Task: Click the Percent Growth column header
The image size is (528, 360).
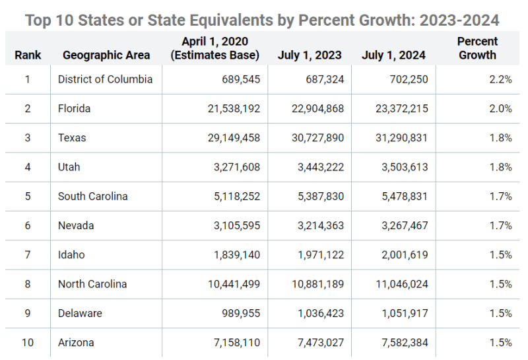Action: coord(477,48)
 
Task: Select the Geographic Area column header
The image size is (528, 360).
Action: coord(106,55)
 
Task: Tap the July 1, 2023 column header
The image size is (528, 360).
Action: coord(310,55)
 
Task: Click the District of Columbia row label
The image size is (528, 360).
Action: coord(105,79)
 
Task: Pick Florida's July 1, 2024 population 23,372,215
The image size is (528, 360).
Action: coord(395,108)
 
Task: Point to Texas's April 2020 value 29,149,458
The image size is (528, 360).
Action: coord(227,138)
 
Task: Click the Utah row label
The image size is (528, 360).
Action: coord(69,167)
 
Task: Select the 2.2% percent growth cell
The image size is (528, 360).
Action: coord(501,79)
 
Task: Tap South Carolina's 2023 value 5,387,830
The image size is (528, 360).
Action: coord(317,196)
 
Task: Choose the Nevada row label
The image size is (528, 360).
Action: coord(76,225)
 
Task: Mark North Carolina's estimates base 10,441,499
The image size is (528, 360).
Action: coord(227,284)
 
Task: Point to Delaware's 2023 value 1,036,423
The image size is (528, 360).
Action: coord(317,313)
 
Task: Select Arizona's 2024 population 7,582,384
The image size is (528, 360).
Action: coord(401,342)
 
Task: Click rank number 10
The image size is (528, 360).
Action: coord(28,342)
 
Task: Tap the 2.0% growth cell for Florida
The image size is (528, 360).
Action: coord(501,108)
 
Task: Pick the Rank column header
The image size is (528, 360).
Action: coord(28,55)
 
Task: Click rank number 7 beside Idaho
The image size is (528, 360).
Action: coord(28,255)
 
